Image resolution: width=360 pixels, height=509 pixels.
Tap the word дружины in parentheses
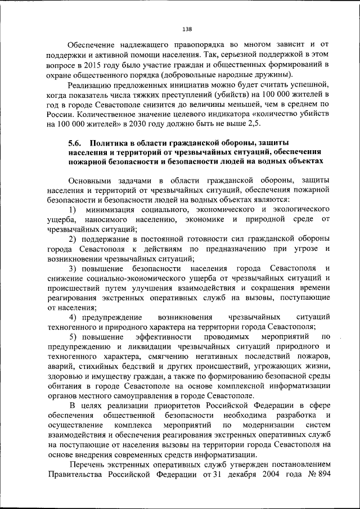coord(276,75)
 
